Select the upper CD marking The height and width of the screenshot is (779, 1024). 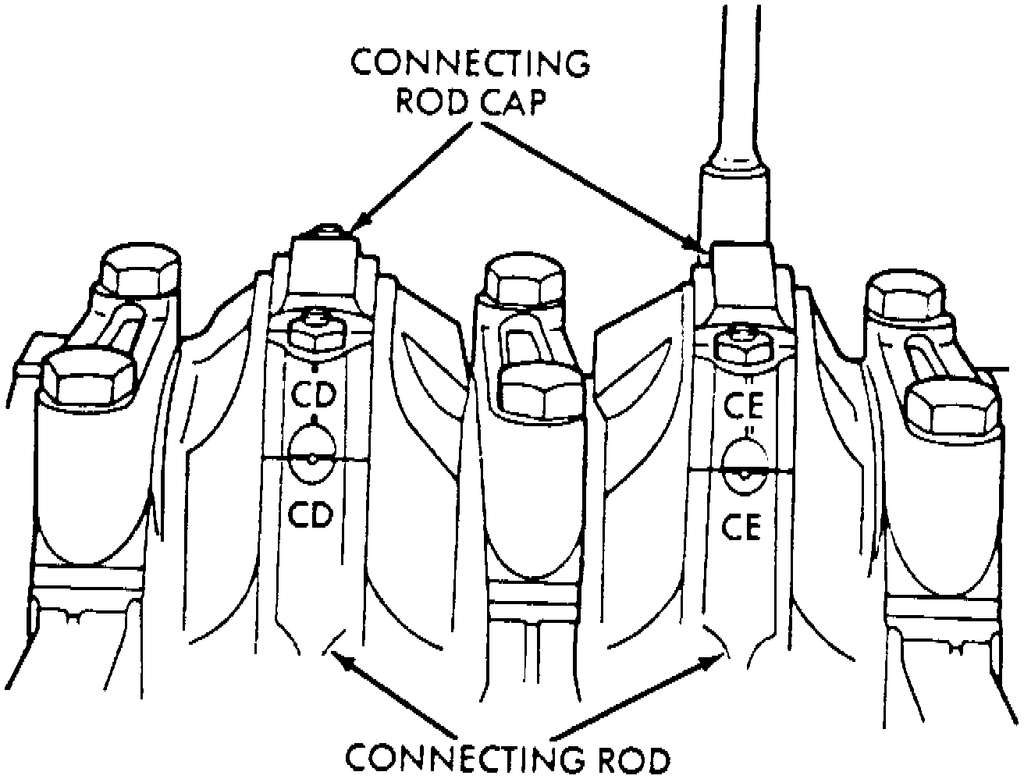tap(313, 395)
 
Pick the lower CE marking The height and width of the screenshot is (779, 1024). tap(741, 527)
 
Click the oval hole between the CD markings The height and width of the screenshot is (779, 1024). tap(312, 459)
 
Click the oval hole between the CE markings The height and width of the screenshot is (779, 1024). tap(744, 471)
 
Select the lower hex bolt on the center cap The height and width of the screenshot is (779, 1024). tap(541, 388)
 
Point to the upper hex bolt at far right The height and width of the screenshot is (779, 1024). tap(908, 296)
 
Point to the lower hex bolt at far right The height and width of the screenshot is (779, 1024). tap(949, 407)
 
